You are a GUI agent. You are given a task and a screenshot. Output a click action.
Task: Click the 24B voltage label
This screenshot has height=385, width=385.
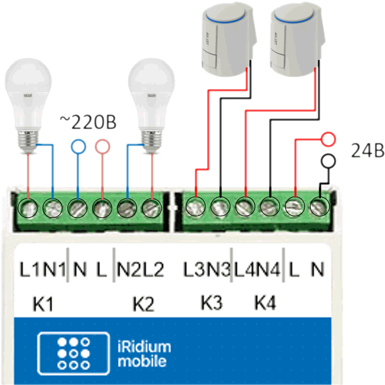click(367, 151)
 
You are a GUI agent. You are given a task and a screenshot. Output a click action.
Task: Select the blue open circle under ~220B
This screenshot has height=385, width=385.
click(79, 146)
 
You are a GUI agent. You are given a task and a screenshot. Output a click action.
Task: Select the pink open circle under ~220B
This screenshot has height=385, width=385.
click(102, 146)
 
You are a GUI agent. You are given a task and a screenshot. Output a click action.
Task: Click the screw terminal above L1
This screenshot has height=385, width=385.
click(28, 207)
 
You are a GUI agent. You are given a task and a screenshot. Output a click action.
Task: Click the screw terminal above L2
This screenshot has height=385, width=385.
click(152, 207)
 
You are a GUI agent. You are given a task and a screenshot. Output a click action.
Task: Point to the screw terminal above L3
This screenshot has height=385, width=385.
click(196, 206)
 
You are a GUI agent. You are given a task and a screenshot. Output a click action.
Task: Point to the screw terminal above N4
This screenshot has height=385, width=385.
click(269, 206)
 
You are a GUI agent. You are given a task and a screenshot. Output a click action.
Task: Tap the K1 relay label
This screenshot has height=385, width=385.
click(43, 305)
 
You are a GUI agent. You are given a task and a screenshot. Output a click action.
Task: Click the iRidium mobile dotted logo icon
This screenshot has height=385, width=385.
click(74, 353)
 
